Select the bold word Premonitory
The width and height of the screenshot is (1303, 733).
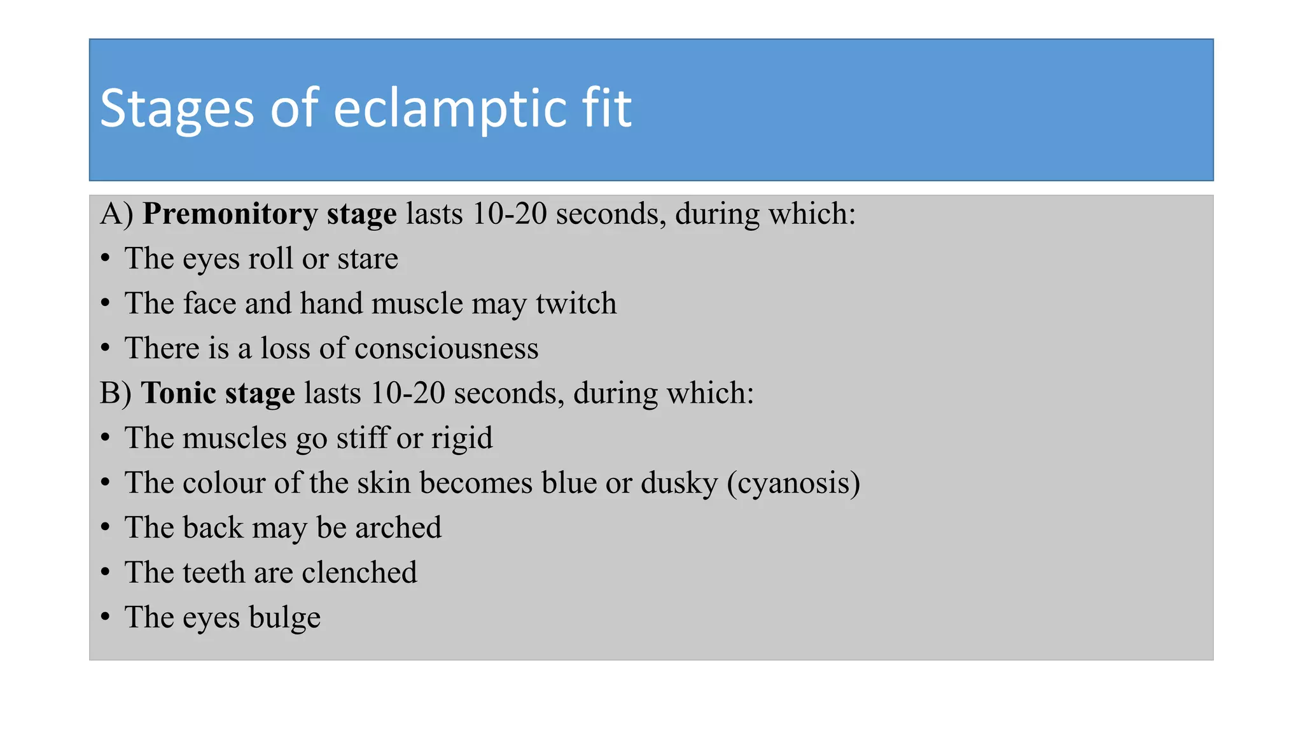[230, 214]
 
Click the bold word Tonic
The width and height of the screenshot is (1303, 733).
[178, 393]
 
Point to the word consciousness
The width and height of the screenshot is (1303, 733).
[446, 349]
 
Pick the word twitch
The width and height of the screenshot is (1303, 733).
[576, 304]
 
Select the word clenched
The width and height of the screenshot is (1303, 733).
[359, 573]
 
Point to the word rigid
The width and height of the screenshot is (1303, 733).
[462, 438]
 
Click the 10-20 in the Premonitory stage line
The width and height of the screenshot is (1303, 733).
[509, 214]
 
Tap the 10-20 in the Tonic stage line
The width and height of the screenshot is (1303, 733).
[407, 393]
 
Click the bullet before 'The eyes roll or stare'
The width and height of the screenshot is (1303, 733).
[106, 259]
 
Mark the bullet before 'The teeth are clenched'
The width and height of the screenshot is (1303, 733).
[106, 573]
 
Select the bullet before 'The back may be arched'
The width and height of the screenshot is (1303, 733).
[106, 527]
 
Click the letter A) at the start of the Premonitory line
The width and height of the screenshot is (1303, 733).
[116, 214]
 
